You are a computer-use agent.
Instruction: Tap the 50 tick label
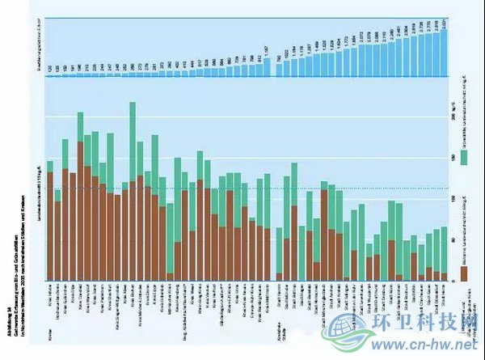coord(454,240)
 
